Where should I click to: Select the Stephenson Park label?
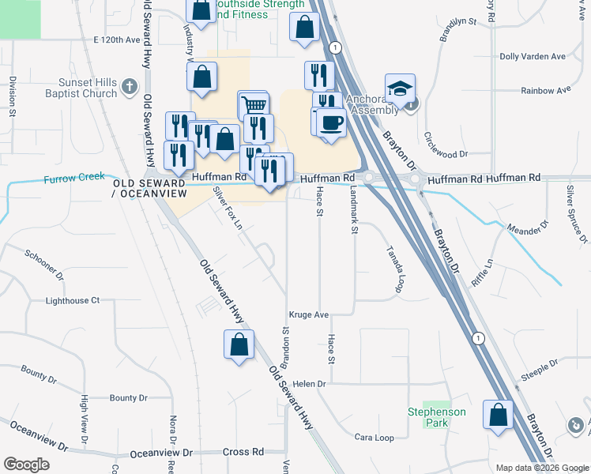pyautogui.click(x=437, y=417)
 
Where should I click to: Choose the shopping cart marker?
pyautogui.click(x=254, y=104)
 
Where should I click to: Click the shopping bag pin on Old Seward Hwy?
pyautogui.click(x=238, y=345)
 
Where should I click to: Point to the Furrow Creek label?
pyautogui.click(x=75, y=178)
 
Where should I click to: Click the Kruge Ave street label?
pyautogui.click(x=308, y=314)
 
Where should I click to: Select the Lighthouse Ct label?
pyautogui.click(x=73, y=301)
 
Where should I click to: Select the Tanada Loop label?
pyautogui.click(x=394, y=268)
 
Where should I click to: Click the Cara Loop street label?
pyautogui.click(x=374, y=437)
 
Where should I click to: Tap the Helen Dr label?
pyautogui.click(x=309, y=384)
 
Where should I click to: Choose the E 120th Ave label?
pyautogui.click(x=116, y=39)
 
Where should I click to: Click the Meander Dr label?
pyautogui.click(x=526, y=230)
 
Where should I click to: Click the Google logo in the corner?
pyautogui.click(x=26, y=465)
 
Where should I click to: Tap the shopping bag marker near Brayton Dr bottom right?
pyautogui.click(x=498, y=415)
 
